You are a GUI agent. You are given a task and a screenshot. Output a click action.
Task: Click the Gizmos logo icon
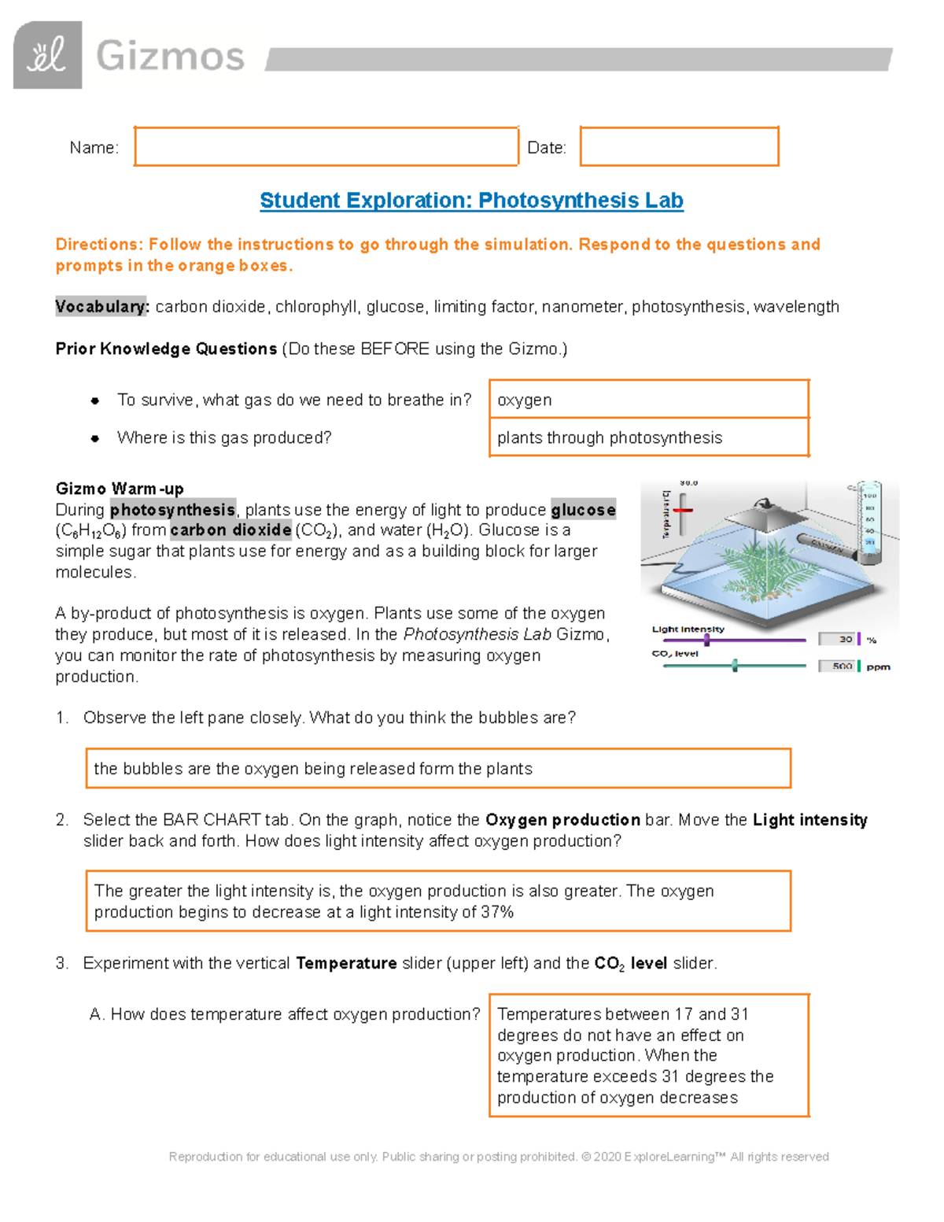point(47,55)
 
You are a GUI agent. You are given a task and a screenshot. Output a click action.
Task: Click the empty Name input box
point(326,146)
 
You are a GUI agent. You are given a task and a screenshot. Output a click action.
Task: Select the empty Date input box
point(679,146)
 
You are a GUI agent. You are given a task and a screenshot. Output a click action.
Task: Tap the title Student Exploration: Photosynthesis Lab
point(471,201)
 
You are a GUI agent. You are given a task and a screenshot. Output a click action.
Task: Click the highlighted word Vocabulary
point(101,307)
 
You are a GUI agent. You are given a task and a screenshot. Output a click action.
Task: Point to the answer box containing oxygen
point(648,400)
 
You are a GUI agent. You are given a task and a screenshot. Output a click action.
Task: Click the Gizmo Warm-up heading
point(120,489)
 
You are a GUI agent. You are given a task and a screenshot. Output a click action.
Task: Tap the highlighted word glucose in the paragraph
point(583,510)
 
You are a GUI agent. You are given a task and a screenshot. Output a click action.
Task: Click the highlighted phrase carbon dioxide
point(230,530)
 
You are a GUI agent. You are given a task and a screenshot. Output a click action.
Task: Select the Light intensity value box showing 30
point(837,639)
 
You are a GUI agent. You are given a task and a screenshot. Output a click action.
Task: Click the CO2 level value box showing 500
point(837,666)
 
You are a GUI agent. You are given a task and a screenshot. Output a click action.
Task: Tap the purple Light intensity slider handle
point(706,640)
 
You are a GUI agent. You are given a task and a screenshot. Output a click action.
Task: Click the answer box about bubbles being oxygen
point(437,768)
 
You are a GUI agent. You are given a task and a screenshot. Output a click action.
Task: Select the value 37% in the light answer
point(497,912)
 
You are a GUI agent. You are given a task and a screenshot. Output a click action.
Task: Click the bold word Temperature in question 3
point(346,963)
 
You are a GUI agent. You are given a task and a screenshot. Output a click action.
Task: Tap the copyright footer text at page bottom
point(499,1157)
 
